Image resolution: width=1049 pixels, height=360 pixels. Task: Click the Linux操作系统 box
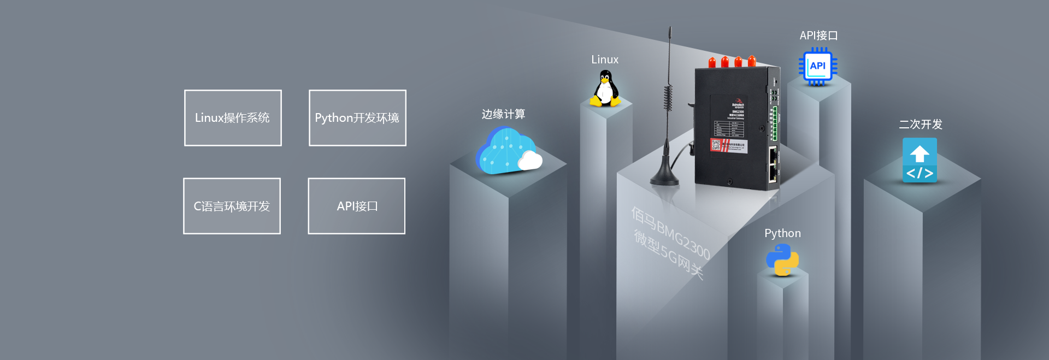(x=233, y=118)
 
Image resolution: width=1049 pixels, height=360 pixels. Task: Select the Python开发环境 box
(x=357, y=118)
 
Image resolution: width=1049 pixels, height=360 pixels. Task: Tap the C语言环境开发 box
(x=232, y=206)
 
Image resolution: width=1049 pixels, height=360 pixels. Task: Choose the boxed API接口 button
(x=356, y=206)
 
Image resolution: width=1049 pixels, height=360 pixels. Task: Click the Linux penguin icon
(x=605, y=89)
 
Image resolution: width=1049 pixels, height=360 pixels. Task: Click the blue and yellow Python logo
(x=782, y=260)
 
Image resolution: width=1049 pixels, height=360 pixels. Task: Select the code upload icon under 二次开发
(x=920, y=160)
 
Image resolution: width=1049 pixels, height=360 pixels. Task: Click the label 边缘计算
(x=503, y=114)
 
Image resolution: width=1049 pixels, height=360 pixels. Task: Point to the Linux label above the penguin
(x=605, y=60)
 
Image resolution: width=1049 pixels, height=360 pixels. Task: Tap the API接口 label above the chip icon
(x=818, y=36)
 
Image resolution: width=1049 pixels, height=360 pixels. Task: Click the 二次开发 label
(x=921, y=125)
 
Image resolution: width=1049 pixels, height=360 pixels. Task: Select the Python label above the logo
(x=782, y=233)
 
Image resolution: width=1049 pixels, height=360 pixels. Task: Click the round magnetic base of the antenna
(x=665, y=178)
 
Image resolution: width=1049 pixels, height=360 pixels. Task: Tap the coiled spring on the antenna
(x=668, y=98)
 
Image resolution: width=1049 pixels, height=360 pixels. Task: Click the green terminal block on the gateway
(x=774, y=123)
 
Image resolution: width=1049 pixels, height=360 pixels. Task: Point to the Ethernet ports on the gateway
(x=773, y=164)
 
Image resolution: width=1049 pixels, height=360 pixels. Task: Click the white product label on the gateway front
(x=729, y=145)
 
